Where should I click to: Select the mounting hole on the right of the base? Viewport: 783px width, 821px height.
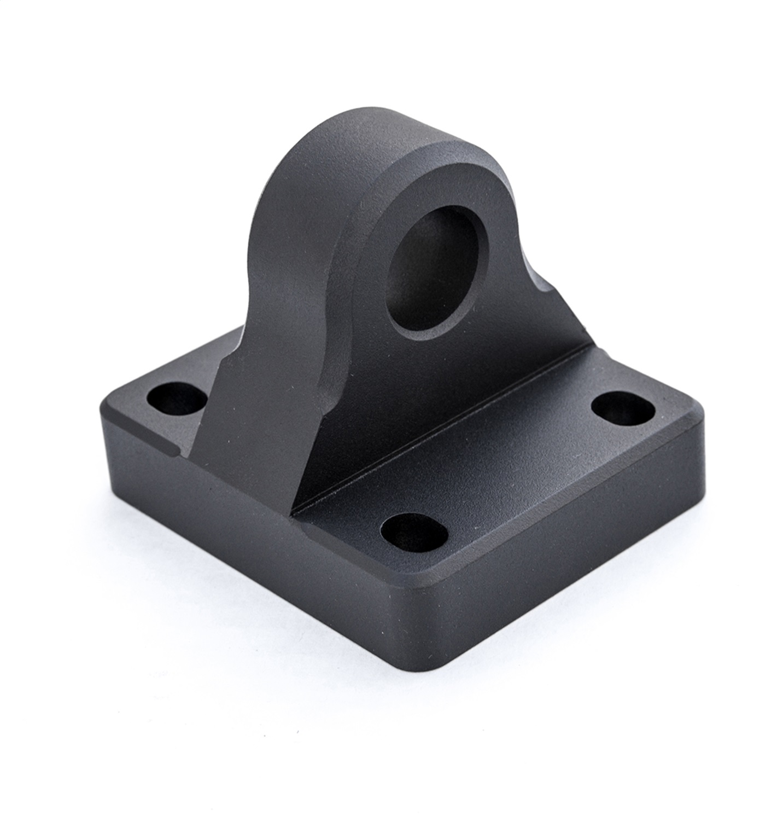pos(623,408)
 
